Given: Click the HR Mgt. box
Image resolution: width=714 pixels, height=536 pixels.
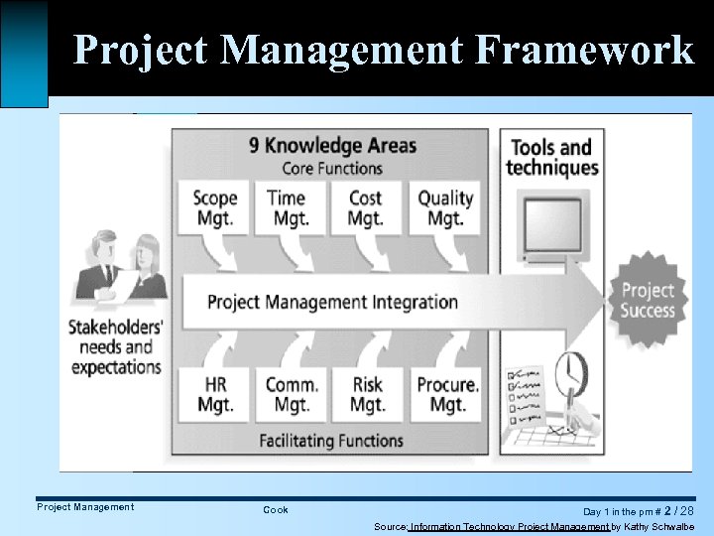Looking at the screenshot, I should [x=215, y=394].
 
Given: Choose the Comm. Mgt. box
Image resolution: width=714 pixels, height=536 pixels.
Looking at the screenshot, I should [x=292, y=394].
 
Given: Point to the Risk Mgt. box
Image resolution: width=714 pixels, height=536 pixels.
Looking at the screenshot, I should [x=367, y=394].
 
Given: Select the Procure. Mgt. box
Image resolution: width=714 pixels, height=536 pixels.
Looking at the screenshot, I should [x=447, y=394].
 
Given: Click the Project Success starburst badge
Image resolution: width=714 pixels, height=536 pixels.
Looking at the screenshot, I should [x=647, y=300].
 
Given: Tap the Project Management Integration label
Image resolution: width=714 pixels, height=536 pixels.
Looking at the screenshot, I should [x=332, y=302].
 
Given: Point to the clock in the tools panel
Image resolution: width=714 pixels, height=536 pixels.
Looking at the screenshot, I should [x=573, y=374].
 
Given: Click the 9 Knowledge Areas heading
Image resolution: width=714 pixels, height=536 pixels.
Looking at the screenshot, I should [x=332, y=145].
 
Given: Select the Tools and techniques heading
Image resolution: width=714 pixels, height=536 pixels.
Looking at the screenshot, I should [x=551, y=157].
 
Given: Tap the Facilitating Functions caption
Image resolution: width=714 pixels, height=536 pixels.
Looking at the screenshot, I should [x=331, y=440].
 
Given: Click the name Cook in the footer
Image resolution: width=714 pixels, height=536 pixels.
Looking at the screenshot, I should [x=276, y=509].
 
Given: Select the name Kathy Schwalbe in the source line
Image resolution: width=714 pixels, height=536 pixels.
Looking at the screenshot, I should [x=658, y=526].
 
